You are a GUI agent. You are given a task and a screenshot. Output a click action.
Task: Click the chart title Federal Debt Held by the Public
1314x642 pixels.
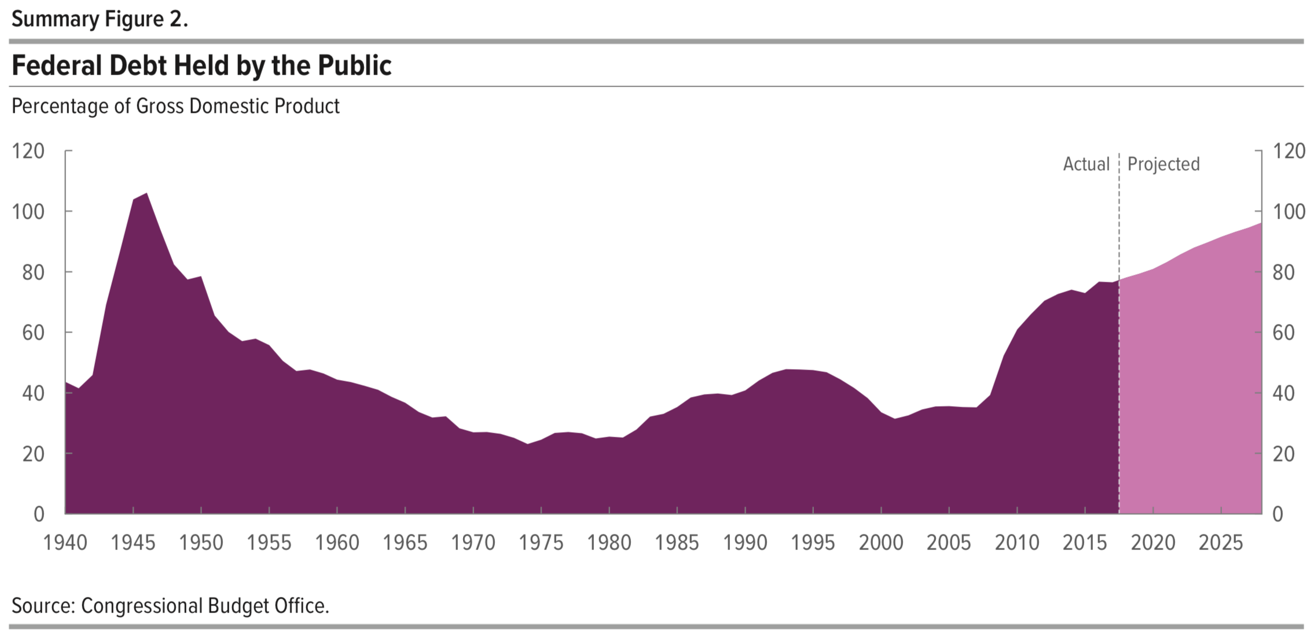201,65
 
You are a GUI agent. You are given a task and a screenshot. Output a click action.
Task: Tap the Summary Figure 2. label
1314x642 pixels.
100,19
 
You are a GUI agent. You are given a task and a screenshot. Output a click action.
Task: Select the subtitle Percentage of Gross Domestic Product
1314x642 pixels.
175,106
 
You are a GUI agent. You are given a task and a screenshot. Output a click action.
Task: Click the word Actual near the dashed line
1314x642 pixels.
1086,164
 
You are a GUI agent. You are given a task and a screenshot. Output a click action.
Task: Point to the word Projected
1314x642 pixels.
1163,164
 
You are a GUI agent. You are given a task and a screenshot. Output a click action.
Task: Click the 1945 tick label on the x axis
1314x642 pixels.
133,543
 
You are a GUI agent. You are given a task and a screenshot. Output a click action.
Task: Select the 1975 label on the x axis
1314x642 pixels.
541,543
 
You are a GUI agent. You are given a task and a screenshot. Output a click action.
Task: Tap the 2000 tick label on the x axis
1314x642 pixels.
881,543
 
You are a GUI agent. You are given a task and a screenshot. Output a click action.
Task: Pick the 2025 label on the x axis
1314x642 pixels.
1221,543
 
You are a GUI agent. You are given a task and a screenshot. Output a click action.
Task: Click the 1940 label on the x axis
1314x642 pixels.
65,543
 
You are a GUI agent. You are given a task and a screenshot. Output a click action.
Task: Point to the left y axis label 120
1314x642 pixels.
28,151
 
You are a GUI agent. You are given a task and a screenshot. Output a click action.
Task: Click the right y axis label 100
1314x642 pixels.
1289,212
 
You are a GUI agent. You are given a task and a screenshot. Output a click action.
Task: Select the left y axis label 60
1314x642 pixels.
34,333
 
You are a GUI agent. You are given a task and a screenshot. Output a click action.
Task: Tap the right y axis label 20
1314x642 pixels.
1283,454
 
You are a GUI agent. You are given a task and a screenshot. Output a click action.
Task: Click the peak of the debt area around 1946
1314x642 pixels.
146,194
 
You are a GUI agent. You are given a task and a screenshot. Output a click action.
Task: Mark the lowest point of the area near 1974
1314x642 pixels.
527,444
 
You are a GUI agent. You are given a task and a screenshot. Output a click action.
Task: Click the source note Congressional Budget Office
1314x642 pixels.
170,606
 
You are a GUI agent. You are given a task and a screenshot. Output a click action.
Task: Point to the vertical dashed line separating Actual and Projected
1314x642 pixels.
1119,347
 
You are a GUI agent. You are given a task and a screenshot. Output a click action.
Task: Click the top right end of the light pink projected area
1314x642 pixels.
1260,224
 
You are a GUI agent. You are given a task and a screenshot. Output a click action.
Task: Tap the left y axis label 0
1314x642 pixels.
39,514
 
